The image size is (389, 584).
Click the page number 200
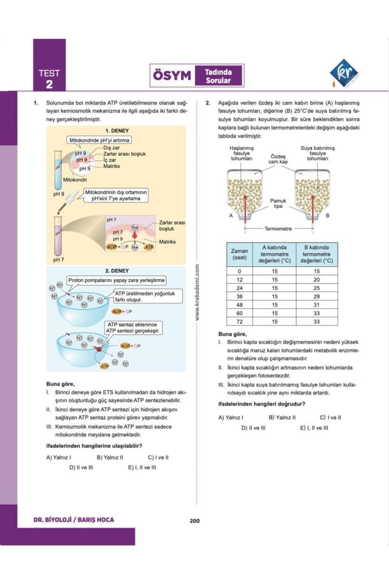pos(194,521)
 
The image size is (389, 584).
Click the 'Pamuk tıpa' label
pos(278,203)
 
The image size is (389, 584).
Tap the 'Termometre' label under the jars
pos(278,228)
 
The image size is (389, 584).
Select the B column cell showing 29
pos(316,297)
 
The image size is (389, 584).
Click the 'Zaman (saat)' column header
pos(239,254)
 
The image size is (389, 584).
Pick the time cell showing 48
pos(239,305)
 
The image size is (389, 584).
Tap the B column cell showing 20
pos(316,280)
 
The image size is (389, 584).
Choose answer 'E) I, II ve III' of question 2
pos(314,427)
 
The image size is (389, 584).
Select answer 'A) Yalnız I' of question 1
pos(58,457)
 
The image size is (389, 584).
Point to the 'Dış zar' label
pos(112,148)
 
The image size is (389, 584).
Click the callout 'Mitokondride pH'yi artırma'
pos(100,140)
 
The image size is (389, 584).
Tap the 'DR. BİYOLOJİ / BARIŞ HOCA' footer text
pos(74,520)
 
